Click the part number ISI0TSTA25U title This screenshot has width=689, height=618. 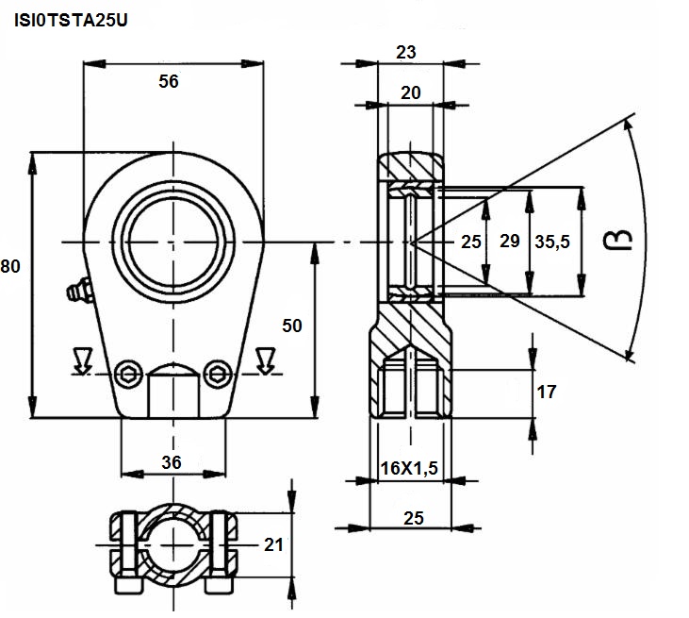[x=71, y=21]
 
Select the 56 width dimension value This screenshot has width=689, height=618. [x=169, y=81]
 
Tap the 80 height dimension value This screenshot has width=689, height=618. [x=10, y=267]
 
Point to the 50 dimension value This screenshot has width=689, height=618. [x=292, y=326]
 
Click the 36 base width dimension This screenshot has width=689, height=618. [x=172, y=462]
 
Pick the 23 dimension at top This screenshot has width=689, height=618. [x=405, y=52]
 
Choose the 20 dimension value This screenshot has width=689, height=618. [x=410, y=92]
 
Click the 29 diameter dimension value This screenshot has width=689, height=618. [x=510, y=241]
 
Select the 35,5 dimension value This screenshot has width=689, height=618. [x=552, y=242]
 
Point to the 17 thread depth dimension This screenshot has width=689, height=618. [x=547, y=392]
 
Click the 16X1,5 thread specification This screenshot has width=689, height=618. [x=409, y=468]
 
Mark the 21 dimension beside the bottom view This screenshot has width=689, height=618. [x=273, y=545]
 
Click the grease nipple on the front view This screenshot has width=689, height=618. [x=79, y=290]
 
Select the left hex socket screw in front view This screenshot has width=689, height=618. [x=129, y=375]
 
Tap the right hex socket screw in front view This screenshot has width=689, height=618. [x=219, y=375]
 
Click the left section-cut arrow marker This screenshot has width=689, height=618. [x=83, y=360]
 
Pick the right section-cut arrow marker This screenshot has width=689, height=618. [x=265, y=360]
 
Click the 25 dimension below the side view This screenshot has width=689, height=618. [x=414, y=518]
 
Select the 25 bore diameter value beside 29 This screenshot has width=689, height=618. [x=471, y=242]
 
